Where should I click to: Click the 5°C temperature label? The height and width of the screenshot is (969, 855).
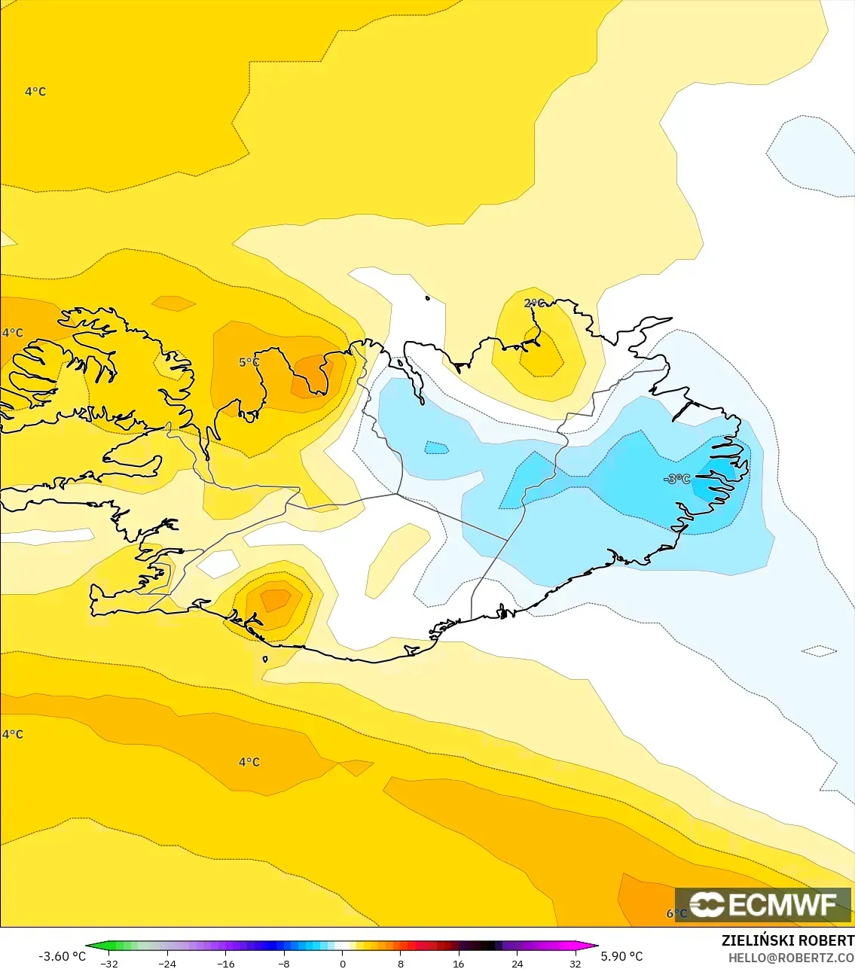click(249, 362)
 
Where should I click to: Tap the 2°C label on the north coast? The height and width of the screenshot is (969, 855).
click(533, 303)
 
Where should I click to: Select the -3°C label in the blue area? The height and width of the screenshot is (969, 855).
click(676, 479)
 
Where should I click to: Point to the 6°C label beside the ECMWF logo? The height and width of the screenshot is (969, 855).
click(675, 913)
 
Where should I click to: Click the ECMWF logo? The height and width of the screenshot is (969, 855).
click(763, 904)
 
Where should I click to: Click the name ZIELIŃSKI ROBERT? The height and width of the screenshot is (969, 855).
click(787, 940)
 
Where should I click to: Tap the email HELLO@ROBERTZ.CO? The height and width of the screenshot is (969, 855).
click(790, 958)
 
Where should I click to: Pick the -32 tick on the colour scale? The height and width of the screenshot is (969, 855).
click(109, 964)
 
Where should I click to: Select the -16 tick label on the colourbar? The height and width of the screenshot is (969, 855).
click(226, 964)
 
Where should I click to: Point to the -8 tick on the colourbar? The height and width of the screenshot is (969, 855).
click(284, 964)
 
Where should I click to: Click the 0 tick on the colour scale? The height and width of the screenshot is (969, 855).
click(343, 964)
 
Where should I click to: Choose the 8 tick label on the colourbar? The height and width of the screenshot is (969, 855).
click(401, 964)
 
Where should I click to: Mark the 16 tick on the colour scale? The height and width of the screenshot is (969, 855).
click(458, 964)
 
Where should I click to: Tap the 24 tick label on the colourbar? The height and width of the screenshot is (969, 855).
click(517, 964)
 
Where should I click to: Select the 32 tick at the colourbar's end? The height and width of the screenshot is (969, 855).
click(575, 964)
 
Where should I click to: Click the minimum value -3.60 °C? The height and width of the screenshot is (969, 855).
click(62, 956)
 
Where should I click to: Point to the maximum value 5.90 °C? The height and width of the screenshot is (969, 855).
click(621, 956)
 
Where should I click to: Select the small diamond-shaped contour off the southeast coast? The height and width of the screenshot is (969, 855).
click(819, 651)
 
